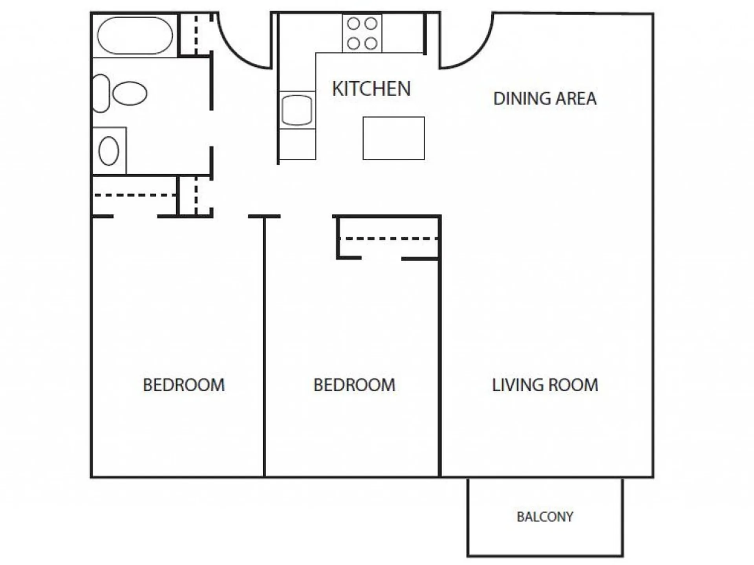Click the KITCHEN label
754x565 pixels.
(x=371, y=89)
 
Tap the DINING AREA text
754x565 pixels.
(x=545, y=99)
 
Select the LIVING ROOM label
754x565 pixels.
(x=545, y=385)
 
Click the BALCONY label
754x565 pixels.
(x=545, y=517)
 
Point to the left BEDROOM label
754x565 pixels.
(x=184, y=385)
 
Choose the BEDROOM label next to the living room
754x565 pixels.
(x=354, y=385)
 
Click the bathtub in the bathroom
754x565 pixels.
(x=135, y=35)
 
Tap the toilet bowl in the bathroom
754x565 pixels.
(x=130, y=94)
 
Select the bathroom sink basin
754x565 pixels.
(x=109, y=151)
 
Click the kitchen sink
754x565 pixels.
(x=297, y=110)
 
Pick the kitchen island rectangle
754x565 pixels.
(x=393, y=138)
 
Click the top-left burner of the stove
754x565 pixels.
(x=353, y=24)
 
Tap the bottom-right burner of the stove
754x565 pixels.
(x=371, y=43)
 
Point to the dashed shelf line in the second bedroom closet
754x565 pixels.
(x=391, y=238)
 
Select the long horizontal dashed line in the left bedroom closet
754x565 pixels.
(x=135, y=195)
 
